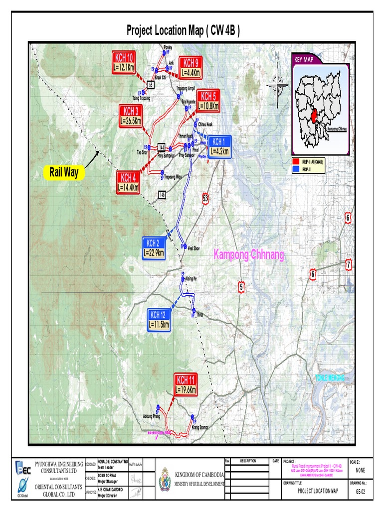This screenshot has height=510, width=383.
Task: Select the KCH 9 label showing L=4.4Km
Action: [191, 67]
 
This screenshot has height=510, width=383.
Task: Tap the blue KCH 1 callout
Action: [220, 146]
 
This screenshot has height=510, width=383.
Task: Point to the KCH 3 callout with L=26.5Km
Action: [131, 115]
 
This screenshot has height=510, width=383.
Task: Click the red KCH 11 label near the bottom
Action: [186, 383]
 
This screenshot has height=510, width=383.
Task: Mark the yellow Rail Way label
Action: [64, 173]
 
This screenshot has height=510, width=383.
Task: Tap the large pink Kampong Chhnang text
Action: [249, 255]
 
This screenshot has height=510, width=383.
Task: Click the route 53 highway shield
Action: [205, 199]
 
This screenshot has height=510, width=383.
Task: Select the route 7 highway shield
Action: [349, 265]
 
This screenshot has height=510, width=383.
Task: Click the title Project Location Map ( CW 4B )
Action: [183, 31]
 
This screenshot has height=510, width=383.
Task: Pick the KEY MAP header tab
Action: [305, 59]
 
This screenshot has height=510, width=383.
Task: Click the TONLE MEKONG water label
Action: [330, 378]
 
